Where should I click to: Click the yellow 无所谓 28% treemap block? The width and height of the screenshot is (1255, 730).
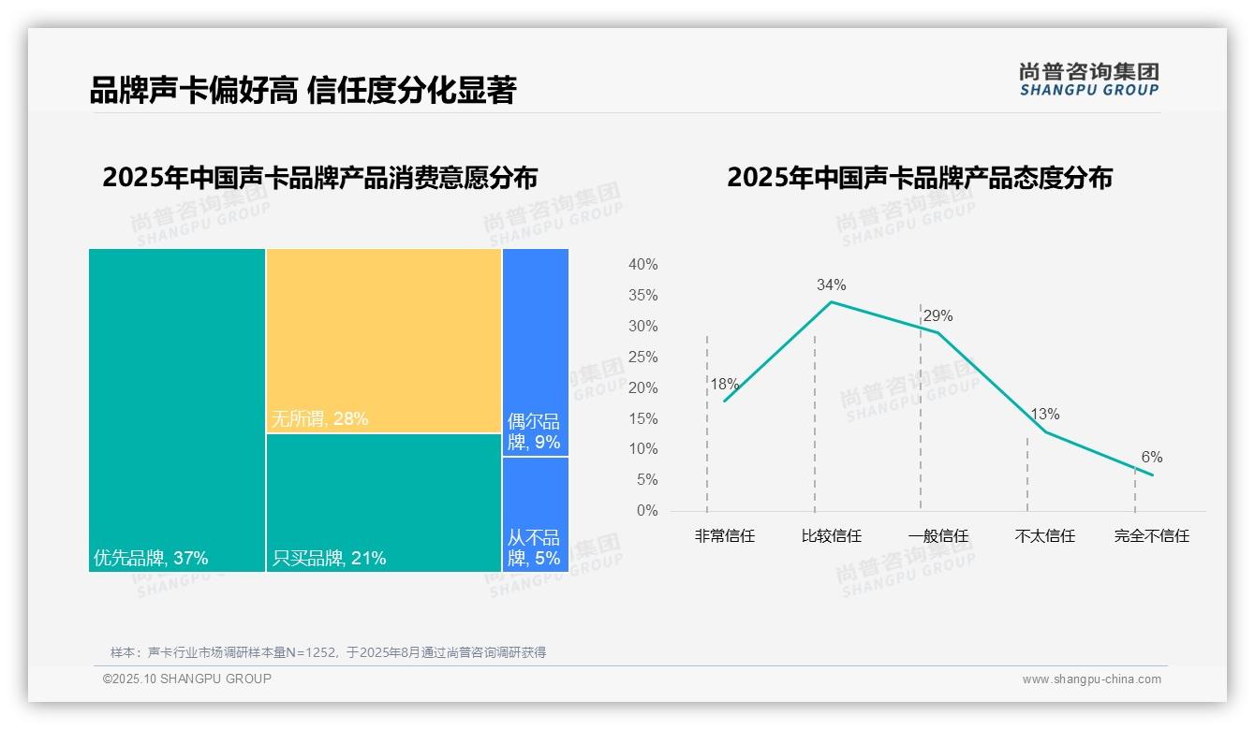(x=384, y=341)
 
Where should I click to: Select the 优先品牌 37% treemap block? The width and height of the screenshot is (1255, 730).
(x=177, y=409)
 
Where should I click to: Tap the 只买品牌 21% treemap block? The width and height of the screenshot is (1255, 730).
(x=384, y=503)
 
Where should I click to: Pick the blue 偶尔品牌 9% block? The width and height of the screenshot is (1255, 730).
(x=536, y=352)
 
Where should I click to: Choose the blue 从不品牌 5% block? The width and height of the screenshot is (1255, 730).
(x=536, y=514)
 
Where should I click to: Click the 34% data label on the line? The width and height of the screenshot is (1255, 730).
(x=831, y=285)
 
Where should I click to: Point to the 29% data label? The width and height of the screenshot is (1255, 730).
(x=938, y=316)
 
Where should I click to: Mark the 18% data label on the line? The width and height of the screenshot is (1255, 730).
(x=724, y=384)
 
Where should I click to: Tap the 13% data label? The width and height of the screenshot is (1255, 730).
(x=1045, y=415)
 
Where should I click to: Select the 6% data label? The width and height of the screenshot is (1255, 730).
(x=1152, y=458)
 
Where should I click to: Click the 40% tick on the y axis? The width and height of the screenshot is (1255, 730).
(x=642, y=265)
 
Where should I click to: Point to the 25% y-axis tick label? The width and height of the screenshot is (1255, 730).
(x=642, y=358)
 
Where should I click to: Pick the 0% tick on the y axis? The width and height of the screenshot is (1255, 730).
(x=647, y=511)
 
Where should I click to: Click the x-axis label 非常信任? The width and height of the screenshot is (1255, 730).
(x=724, y=536)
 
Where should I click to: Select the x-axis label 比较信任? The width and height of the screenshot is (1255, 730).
(x=831, y=536)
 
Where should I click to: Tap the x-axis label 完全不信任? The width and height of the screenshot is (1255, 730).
(x=1152, y=536)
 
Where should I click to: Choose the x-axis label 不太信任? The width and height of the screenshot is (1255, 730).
(x=1045, y=536)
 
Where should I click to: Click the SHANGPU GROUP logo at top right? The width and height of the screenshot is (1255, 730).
(x=1088, y=80)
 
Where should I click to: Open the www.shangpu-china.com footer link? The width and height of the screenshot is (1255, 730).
(x=1091, y=679)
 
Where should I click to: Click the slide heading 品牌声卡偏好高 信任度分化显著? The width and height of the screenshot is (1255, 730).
(x=303, y=90)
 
